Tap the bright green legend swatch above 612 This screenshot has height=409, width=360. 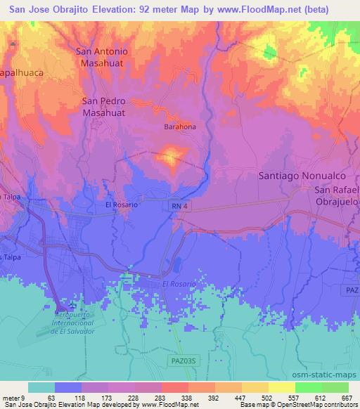tap(308, 387)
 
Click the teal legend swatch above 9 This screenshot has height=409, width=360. tap(41, 387)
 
